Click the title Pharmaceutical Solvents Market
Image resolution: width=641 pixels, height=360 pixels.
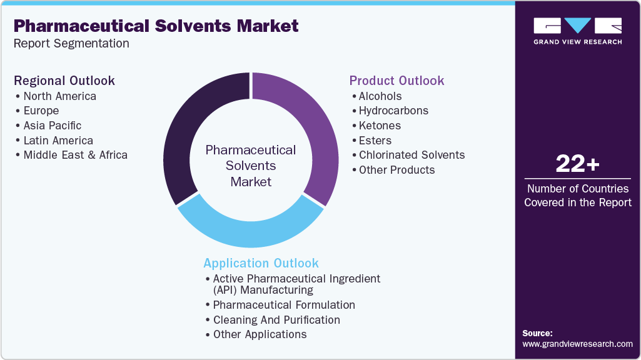(x=156, y=26)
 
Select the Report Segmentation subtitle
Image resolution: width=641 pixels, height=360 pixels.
(x=71, y=44)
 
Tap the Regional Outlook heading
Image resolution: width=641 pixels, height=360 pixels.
(x=64, y=81)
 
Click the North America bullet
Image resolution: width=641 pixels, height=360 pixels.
(x=59, y=96)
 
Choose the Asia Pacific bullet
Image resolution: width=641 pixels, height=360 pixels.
(x=52, y=126)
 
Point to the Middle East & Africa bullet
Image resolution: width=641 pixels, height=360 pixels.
(x=75, y=155)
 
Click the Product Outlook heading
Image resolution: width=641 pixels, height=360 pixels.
(x=396, y=81)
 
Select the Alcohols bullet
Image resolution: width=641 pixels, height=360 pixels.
(x=380, y=96)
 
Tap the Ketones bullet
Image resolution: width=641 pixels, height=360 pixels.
(x=380, y=126)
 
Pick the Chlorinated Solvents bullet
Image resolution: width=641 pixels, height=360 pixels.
(x=411, y=155)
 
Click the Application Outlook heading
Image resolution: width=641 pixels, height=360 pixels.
(x=261, y=263)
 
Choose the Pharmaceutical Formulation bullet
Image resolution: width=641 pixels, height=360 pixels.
(x=284, y=305)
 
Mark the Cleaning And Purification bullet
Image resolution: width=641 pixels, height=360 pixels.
(x=276, y=320)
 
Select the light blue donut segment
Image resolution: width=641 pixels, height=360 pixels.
(x=250, y=234)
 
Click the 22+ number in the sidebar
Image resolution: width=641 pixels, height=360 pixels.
(x=577, y=165)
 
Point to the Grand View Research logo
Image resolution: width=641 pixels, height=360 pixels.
(x=577, y=31)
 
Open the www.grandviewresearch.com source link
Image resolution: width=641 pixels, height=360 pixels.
(x=577, y=344)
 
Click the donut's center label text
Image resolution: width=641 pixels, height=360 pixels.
(x=251, y=166)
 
